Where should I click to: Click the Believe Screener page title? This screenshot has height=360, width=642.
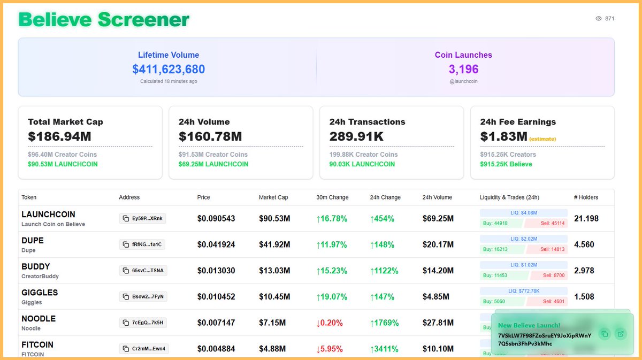coord(104,20)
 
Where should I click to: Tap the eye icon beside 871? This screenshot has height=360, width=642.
coord(599,19)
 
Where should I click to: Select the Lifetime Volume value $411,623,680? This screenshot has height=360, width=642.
coord(169,69)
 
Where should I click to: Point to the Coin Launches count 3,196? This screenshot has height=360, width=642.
coord(463,69)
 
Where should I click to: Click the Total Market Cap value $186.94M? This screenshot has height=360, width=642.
coord(59,136)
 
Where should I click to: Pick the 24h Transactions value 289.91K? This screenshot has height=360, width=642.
coord(356,136)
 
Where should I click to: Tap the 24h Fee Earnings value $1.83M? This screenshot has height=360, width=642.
coord(503,136)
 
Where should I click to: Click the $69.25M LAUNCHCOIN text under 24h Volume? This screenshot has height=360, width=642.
coord(213,164)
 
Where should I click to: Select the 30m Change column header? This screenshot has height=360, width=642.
coord(332,197)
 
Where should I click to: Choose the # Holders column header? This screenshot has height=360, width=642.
coord(586,197)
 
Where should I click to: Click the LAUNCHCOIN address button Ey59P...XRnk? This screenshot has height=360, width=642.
coord(143,219)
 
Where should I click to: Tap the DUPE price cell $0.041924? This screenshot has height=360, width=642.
coord(216,245)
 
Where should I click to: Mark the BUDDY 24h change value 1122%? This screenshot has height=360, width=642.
coord(384,271)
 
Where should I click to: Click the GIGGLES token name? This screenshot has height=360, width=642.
coord(40,293)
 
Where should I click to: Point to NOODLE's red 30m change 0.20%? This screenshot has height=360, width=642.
coord(330,323)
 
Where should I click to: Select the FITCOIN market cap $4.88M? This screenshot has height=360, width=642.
coord(274,349)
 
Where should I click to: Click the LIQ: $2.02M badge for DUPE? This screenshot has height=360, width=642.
coord(524,239)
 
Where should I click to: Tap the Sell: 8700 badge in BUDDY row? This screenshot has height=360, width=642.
coord(546,275)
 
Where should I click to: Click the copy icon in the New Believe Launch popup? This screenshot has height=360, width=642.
coord(604,334)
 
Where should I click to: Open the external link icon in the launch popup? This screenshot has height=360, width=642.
coord(620,334)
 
